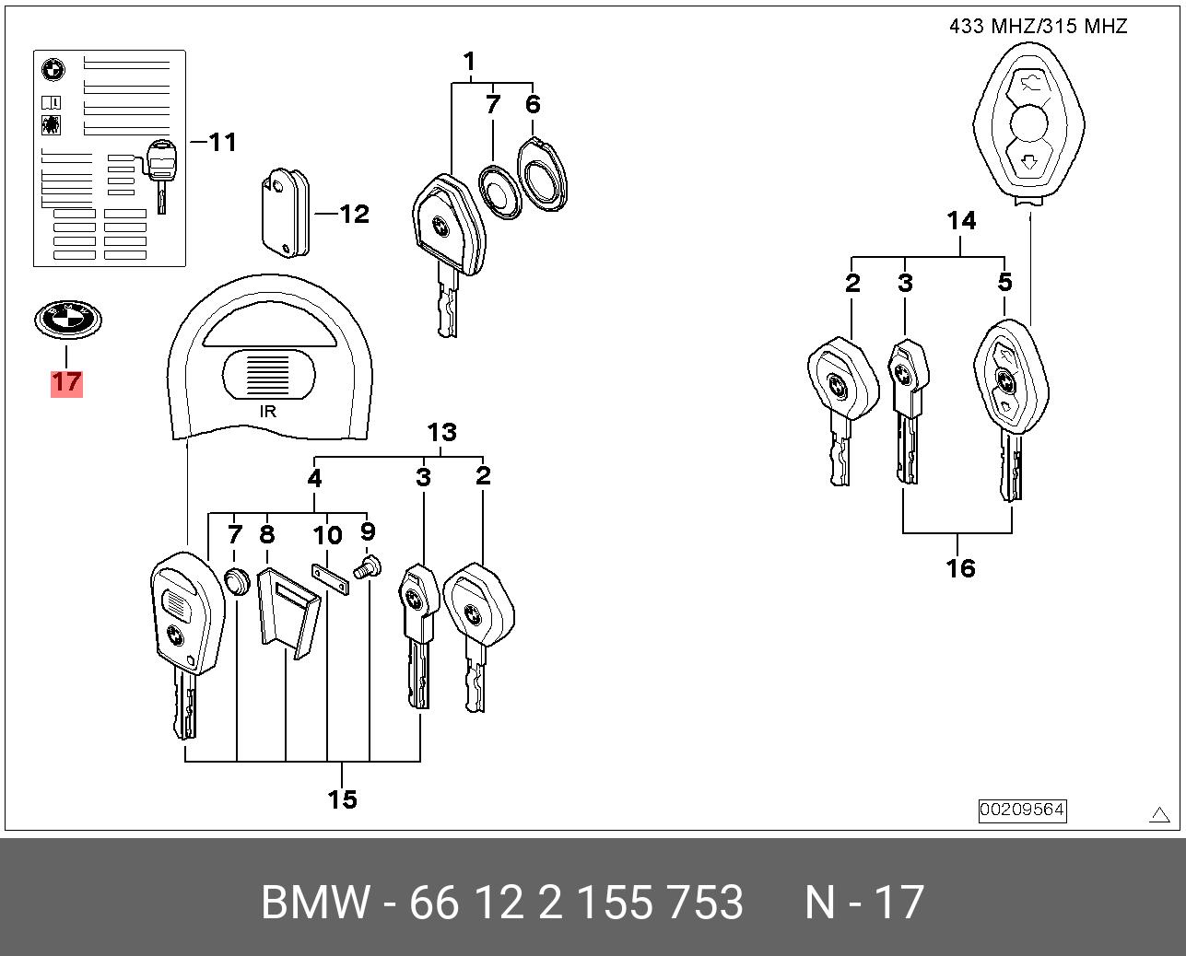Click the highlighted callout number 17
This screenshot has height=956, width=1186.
(x=66, y=382)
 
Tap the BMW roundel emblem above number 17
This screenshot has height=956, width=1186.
(x=68, y=320)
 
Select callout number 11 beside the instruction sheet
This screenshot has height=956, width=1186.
(x=223, y=142)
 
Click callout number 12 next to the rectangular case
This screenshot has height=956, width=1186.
(x=354, y=214)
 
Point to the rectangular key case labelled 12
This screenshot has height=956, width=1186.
(x=286, y=213)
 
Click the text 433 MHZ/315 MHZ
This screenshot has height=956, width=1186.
(x=1038, y=26)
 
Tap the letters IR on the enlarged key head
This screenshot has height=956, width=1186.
(x=268, y=411)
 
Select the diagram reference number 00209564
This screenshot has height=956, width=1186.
(x=1022, y=810)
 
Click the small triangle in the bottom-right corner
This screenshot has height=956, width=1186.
(x=1159, y=814)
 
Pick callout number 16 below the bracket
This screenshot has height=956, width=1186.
(x=960, y=568)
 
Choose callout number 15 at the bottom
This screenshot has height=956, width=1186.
(x=342, y=799)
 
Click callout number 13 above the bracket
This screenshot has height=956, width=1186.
(x=442, y=433)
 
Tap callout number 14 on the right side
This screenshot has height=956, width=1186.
(x=962, y=220)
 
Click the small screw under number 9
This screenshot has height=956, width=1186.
(x=367, y=567)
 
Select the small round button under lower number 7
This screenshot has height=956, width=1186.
(x=237, y=582)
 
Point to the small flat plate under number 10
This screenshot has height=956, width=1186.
(x=331, y=579)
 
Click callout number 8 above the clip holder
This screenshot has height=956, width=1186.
(x=267, y=534)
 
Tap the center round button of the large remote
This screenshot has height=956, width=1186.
(x=1028, y=125)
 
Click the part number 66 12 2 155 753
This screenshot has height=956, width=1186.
(x=576, y=902)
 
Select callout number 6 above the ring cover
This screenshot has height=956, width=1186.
(x=533, y=104)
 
